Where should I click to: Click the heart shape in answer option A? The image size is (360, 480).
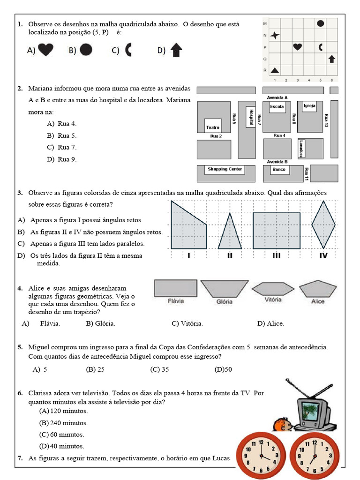click(45, 50)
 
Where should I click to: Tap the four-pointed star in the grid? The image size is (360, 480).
click(275, 35)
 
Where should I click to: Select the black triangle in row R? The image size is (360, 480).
click(275, 70)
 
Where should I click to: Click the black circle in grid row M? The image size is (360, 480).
click(321, 23)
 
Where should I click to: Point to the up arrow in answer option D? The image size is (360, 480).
click(176, 50)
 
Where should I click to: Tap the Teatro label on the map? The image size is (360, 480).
click(213, 127)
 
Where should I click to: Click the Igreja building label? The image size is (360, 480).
click(309, 106)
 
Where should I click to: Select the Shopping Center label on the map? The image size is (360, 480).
click(225, 169)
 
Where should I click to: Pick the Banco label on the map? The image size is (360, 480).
click(279, 169)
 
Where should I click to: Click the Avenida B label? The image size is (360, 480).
click(277, 162)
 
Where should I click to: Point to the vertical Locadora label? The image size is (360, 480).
click(301, 149)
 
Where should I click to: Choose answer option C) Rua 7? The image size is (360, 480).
click(61, 147)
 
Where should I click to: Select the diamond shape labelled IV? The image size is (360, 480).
click(323, 225)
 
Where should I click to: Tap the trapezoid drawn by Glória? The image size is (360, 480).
click(224, 289)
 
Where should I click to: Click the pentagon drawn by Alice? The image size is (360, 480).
click(318, 289)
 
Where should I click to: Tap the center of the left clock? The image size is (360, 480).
click(260, 455)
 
